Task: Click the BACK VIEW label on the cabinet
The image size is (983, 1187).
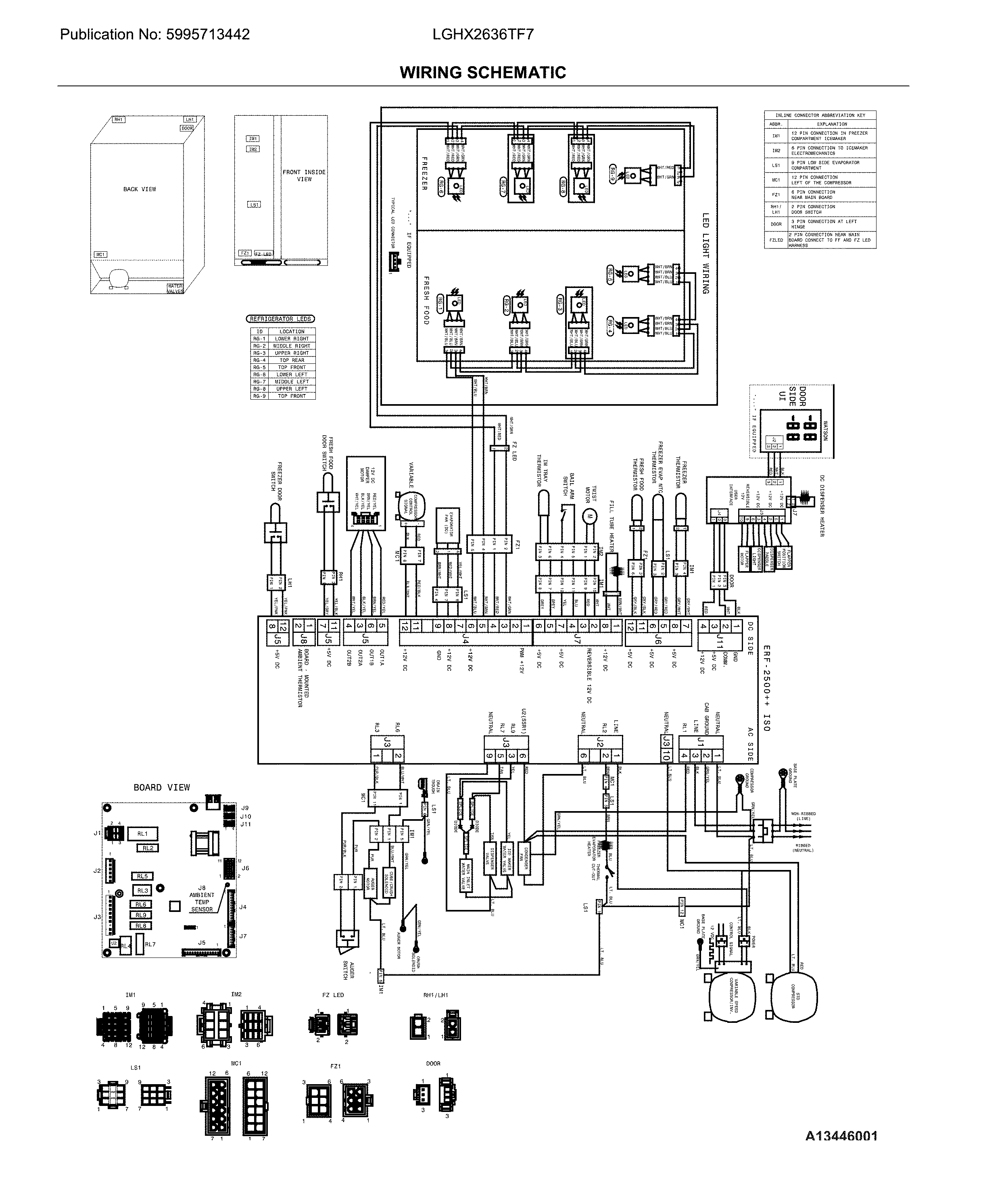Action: (x=140, y=189)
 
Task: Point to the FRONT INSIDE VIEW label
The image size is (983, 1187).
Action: (x=304, y=175)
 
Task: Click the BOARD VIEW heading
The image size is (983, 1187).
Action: (x=162, y=787)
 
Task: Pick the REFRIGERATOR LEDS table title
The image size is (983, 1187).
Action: (x=280, y=319)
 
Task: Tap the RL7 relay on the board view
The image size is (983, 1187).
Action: (x=150, y=945)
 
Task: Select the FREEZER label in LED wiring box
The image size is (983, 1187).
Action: (x=424, y=173)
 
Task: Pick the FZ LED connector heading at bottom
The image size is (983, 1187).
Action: (x=333, y=995)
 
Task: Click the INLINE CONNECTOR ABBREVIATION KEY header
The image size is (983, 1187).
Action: (x=820, y=115)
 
